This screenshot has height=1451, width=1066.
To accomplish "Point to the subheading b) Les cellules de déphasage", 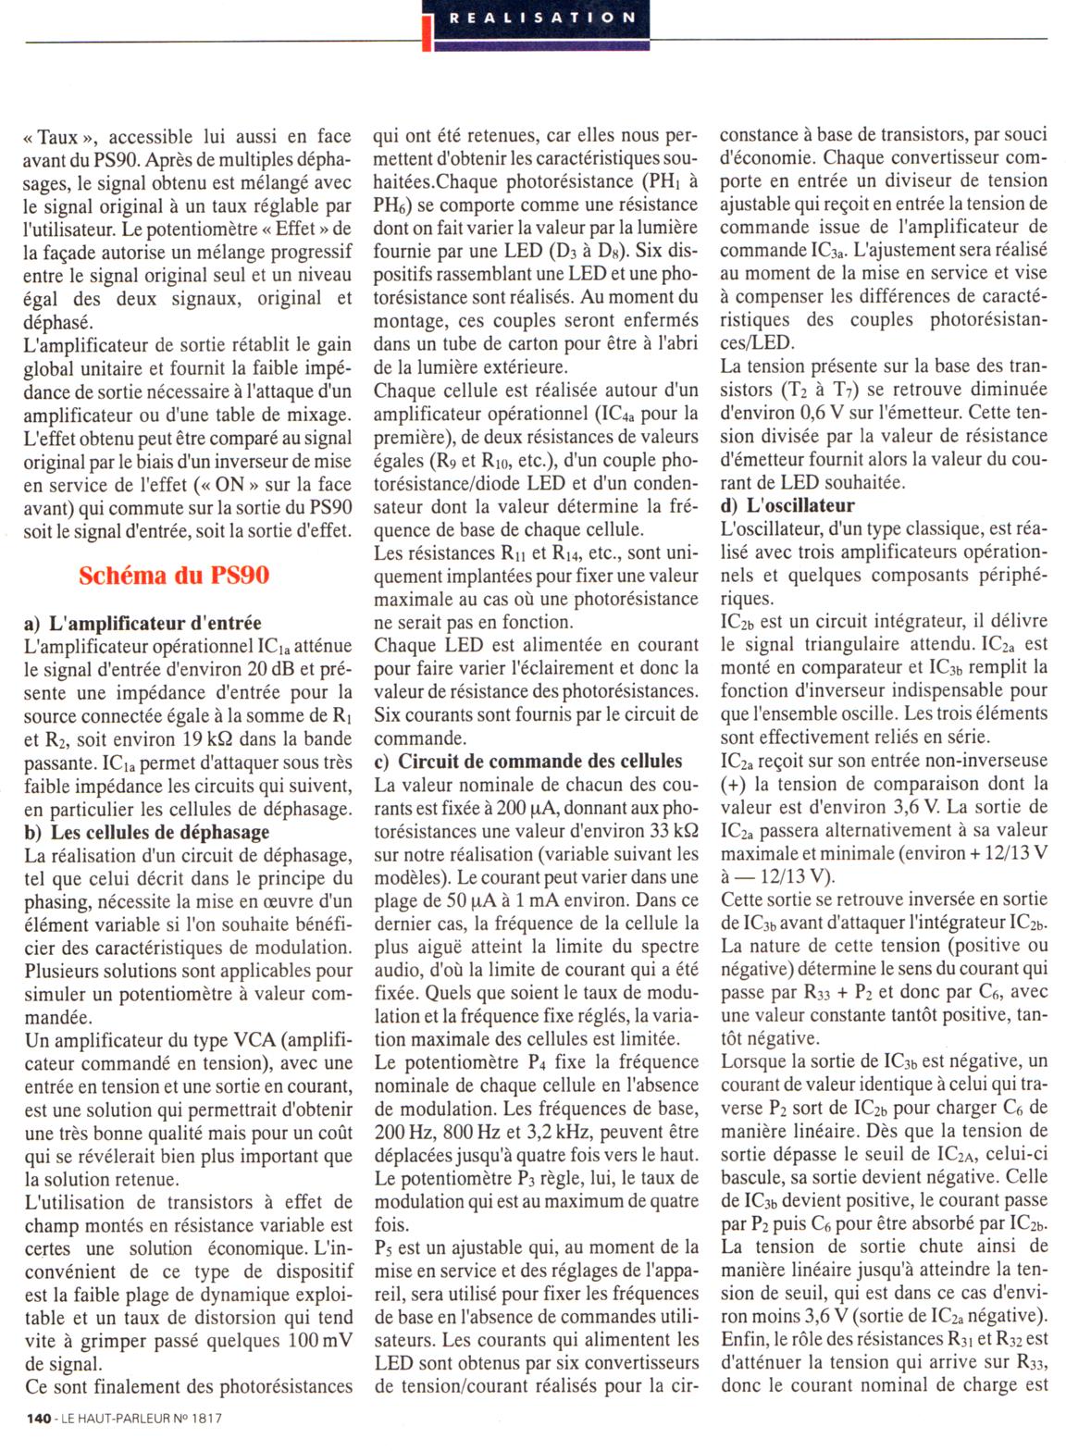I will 146,833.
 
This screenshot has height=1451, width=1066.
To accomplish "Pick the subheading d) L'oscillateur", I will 787,505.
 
